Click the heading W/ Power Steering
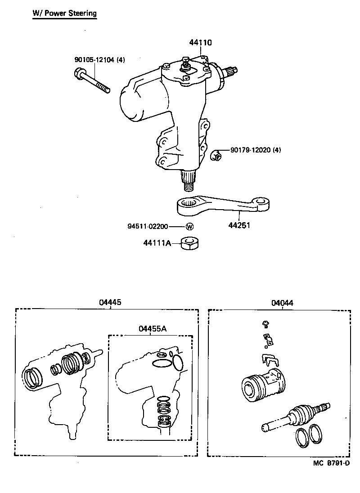(x=64, y=13)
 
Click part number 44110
(x=200, y=43)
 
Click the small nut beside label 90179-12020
(x=216, y=156)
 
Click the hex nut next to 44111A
(x=190, y=243)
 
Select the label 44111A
(x=157, y=243)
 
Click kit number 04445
(x=110, y=303)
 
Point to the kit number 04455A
(x=153, y=329)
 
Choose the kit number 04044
(x=282, y=303)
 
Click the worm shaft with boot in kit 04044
(x=297, y=416)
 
